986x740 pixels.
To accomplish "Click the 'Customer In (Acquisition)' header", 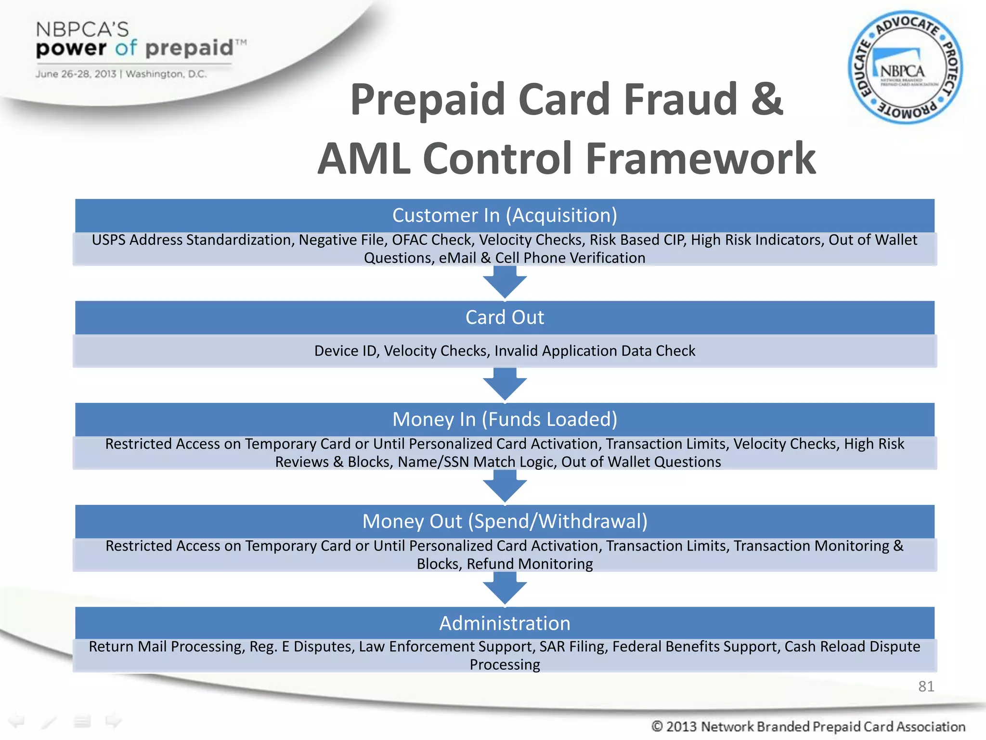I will (505, 215).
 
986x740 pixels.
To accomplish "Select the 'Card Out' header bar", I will (505, 317).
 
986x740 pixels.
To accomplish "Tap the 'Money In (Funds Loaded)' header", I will (505, 419).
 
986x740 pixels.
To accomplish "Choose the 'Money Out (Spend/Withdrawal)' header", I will (505, 521).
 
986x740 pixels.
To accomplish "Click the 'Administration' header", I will (505, 623).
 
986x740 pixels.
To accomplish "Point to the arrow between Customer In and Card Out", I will (505, 283).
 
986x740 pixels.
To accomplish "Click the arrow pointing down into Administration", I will (505, 589).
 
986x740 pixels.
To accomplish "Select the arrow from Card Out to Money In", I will (505, 385).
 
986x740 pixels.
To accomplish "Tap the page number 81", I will (926, 686).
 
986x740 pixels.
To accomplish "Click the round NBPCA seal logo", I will (905, 67).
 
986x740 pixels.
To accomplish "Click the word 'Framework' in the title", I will (701, 159).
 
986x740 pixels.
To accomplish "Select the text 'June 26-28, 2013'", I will (76, 74).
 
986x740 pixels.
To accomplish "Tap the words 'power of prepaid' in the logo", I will (135, 48).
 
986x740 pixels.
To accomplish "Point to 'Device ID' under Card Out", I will (346, 351).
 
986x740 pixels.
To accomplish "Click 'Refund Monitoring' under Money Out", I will (530, 564).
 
